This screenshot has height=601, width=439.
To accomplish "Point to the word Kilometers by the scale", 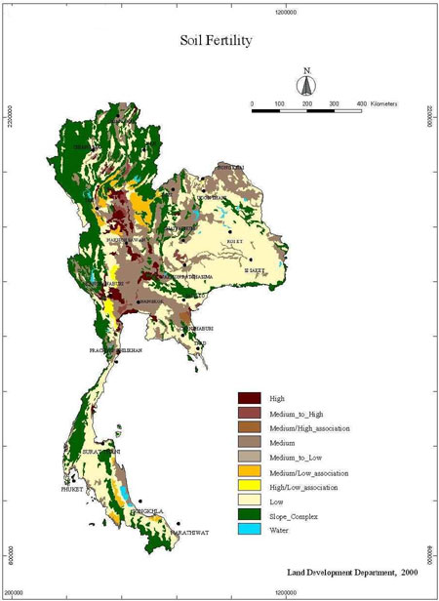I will pos(404,102).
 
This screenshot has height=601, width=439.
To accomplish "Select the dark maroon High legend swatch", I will pos(250,397).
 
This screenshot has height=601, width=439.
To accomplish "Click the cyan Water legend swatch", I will pos(250,529).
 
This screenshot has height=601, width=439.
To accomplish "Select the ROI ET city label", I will pos(233,239).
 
